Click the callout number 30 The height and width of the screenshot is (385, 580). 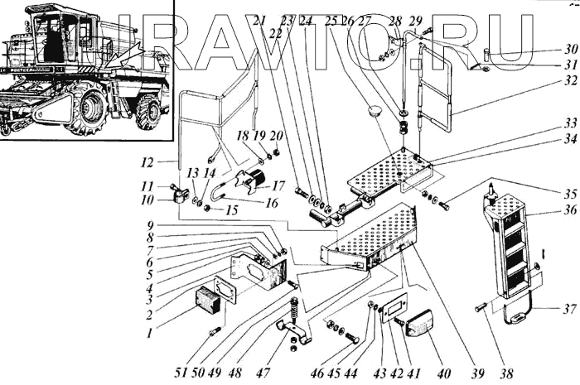click(x=572, y=48)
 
